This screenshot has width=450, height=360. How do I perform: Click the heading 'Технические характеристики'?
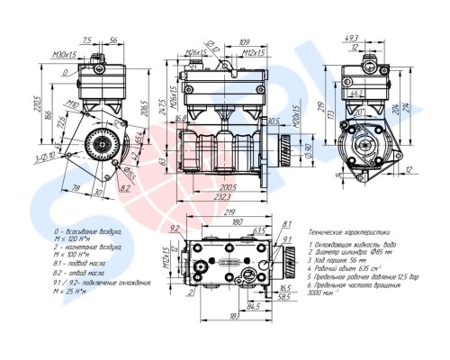(x=349, y=232)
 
